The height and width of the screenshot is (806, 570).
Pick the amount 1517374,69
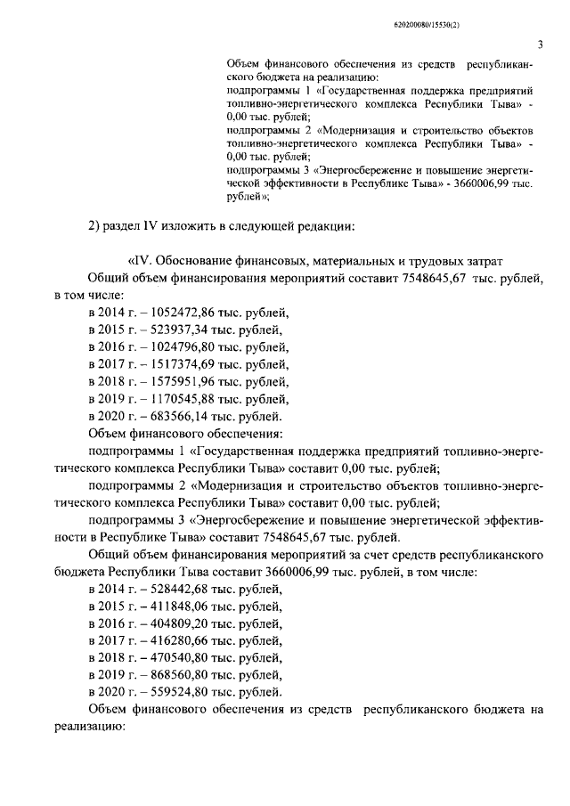point(179,364)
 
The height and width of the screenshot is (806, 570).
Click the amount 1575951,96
point(179,381)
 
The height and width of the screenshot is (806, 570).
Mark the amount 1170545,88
point(179,398)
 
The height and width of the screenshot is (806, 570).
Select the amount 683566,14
point(175,416)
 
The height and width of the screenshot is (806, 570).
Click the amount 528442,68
point(175,590)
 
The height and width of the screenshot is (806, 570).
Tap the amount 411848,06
point(175,607)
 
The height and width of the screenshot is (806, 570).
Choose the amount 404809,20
point(175,623)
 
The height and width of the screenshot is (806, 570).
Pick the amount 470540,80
point(175,658)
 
